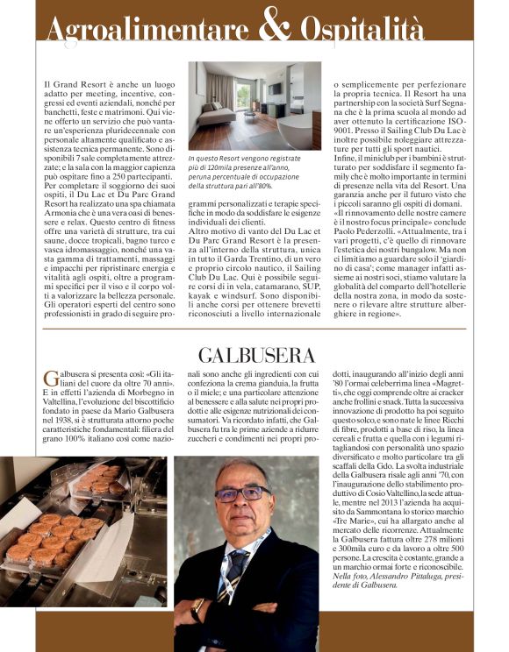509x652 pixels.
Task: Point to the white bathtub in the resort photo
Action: point(299,132)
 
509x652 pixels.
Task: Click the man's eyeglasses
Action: point(242,493)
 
